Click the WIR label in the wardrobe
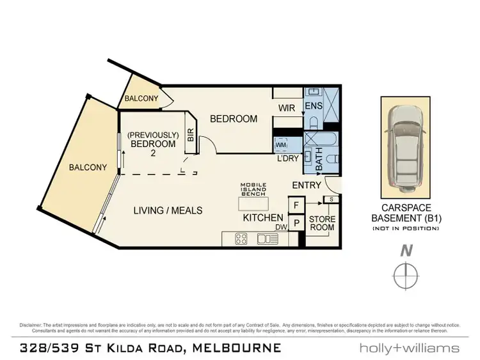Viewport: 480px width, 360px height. (287, 108)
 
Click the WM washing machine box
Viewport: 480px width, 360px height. (280, 145)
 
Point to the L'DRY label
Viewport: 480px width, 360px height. (287, 159)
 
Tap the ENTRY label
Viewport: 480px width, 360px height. (306, 185)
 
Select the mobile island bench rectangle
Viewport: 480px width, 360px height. (253, 203)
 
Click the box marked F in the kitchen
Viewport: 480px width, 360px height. (296, 205)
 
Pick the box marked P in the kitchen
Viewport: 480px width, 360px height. (296, 223)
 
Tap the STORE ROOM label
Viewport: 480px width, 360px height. (322, 223)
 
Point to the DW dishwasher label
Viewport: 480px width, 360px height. (280, 226)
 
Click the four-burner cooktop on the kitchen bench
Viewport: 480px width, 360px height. (242, 239)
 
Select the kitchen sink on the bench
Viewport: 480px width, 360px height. (264, 239)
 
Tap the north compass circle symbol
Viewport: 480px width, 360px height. (404, 276)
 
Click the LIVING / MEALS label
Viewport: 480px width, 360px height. (168, 210)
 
